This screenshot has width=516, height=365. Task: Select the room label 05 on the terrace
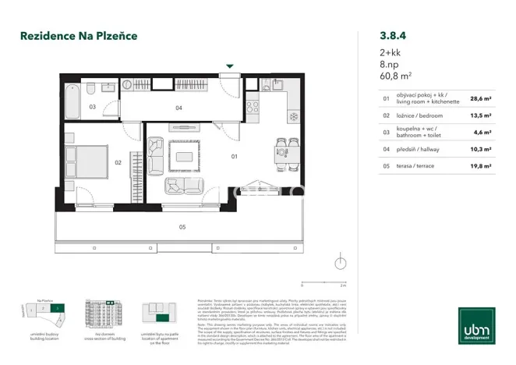[x=182, y=228]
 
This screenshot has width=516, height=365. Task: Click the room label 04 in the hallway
[x=178, y=108]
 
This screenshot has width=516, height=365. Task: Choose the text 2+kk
[x=391, y=51]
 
